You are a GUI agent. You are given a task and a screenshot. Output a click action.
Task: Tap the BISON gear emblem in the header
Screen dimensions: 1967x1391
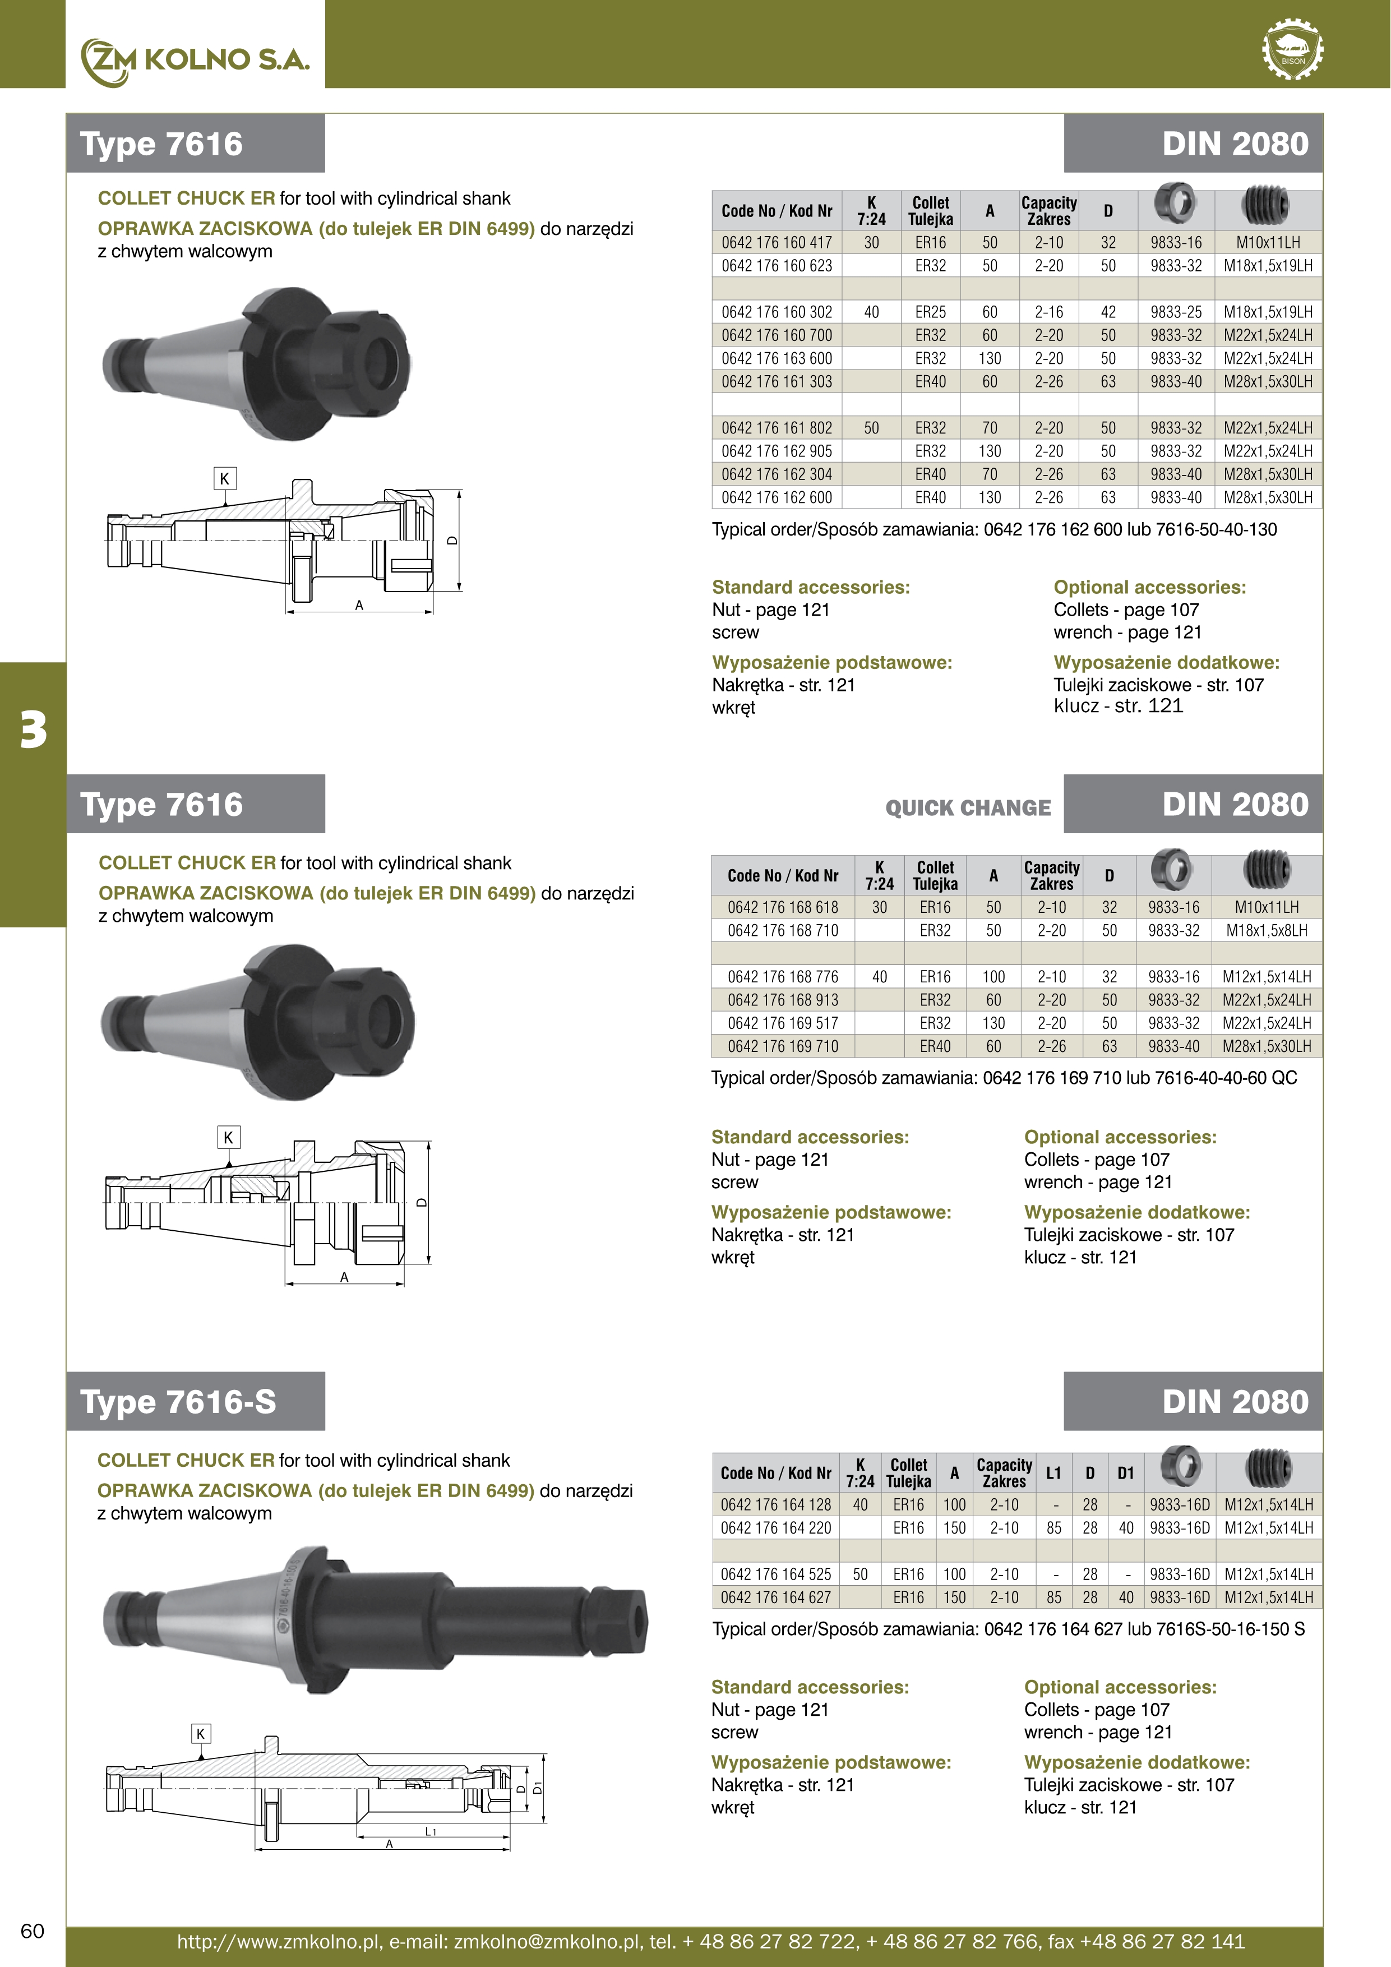coord(1292,50)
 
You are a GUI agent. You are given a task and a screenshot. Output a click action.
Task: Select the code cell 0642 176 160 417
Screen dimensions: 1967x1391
coord(776,242)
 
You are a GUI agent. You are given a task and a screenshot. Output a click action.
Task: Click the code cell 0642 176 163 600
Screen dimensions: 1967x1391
coord(776,358)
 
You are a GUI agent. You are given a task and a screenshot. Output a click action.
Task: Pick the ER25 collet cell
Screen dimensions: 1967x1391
coord(930,312)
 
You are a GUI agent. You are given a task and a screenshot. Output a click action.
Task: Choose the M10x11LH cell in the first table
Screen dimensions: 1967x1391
coord(1268,242)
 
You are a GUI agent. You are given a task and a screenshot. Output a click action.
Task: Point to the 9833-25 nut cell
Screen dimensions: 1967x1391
coord(1176,312)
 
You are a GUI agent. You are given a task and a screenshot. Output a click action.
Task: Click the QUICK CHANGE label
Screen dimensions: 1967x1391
coord(968,808)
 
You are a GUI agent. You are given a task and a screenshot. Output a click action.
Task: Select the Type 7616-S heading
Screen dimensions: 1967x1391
coord(178,1402)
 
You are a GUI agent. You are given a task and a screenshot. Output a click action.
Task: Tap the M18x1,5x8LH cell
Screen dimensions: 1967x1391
coord(1267,930)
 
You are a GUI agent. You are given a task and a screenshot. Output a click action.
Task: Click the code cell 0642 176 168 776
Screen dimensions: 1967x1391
coord(783,977)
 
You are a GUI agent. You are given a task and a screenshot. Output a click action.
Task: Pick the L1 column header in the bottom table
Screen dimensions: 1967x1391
coord(1053,1472)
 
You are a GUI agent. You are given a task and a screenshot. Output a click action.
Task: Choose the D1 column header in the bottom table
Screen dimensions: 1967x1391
coord(1125,1472)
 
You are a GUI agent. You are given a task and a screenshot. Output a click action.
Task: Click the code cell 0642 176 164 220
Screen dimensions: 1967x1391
coord(775,1527)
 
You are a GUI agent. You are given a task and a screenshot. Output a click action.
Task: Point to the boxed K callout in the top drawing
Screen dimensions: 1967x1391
coord(224,479)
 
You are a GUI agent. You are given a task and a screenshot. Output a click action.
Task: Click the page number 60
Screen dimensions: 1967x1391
coord(33,1930)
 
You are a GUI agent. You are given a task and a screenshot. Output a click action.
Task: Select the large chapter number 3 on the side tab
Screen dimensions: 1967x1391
coord(34,730)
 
